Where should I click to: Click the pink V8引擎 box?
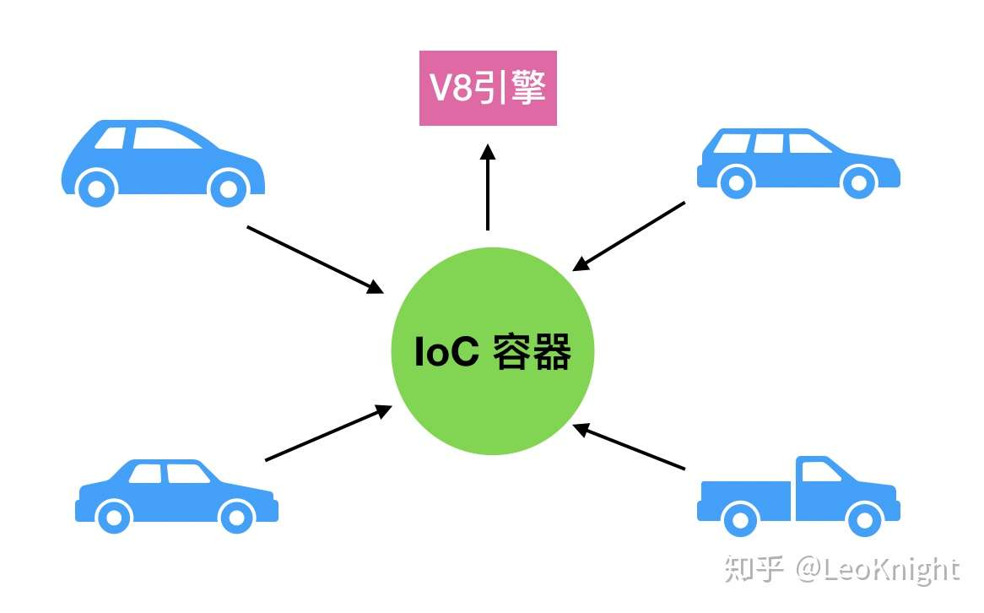click(488, 89)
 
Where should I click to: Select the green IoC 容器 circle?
click(493, 351)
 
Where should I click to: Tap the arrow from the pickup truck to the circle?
click(629, 447)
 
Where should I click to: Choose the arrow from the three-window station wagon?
click(629, 236)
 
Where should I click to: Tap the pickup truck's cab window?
click(820, 472)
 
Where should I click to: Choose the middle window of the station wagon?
click(768, 144)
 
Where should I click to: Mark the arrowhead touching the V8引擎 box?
click(487, 152)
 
